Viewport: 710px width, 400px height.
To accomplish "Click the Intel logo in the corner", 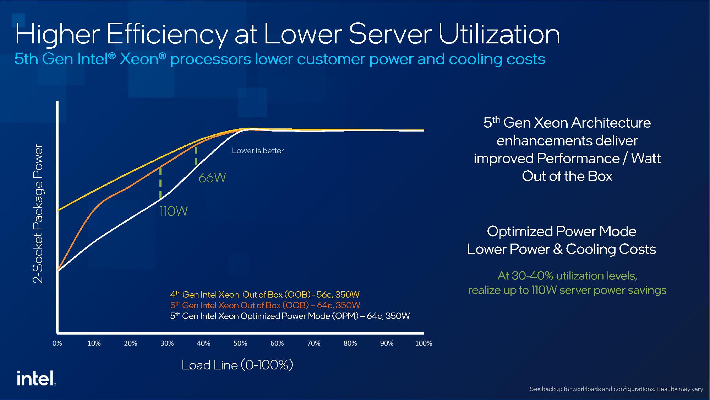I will pyautogui.click(x=36, y=378).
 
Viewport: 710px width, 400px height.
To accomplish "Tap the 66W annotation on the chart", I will pyautogui.click(x=212, y=177).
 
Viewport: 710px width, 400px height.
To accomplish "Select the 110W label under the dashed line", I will pyautogui.click(x=173, y=211).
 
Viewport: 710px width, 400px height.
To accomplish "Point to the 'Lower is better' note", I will pyautogui.click(x=258, y=150).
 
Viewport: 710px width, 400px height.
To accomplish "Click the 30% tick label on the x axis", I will pyautogui.click(x=167, y=343).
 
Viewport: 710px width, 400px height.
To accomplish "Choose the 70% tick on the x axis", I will pyautogui.click(x=313, y=343).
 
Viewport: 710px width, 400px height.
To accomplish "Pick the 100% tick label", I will pyautogui.click(x=423, y=343).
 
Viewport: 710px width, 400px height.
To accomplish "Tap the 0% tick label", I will pyautogui.click(x=57, y=343).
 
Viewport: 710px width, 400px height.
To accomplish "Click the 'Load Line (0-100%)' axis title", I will pyautogui.click(x=237, y=365).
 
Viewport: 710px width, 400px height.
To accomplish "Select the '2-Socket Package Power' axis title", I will pyautogui.click(x=38, y=214).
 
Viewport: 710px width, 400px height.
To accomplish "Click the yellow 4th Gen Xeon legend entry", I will pyautogui.click(x=264, y=294).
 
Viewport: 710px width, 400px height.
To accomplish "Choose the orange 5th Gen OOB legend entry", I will pyautogui.click(x=265, y=305).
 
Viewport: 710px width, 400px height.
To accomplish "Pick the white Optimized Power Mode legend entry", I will pyautogui.click(x=290, y=316).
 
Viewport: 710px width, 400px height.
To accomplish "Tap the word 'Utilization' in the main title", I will pyautogui.click(x=498, y=34).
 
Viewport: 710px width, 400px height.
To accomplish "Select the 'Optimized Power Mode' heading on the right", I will pyautogui.click(x=561, y=231).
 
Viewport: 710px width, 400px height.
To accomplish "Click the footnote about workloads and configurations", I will pyautogui.click(x=617, y=389).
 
